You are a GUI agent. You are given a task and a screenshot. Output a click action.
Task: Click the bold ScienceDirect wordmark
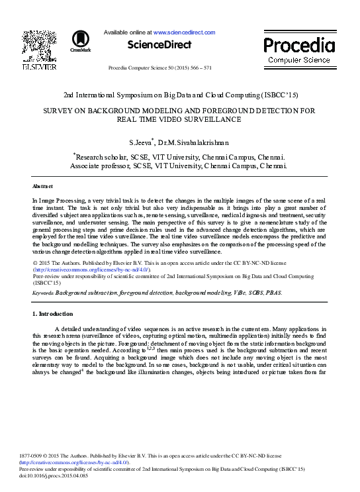(x=159, y=45)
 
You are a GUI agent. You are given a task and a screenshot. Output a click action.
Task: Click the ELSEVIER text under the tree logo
(x=34, y=68)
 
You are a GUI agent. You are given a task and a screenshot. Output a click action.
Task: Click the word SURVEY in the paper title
(x=58, y=111)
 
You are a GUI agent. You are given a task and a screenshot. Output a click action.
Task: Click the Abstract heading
(x=42, y=187)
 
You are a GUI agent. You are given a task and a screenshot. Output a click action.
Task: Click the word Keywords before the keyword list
(x=42, y=292)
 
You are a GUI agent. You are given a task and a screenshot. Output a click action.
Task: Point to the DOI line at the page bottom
(x=64, y=475)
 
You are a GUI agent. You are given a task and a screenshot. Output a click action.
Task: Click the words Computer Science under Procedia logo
(x=299, y=60)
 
